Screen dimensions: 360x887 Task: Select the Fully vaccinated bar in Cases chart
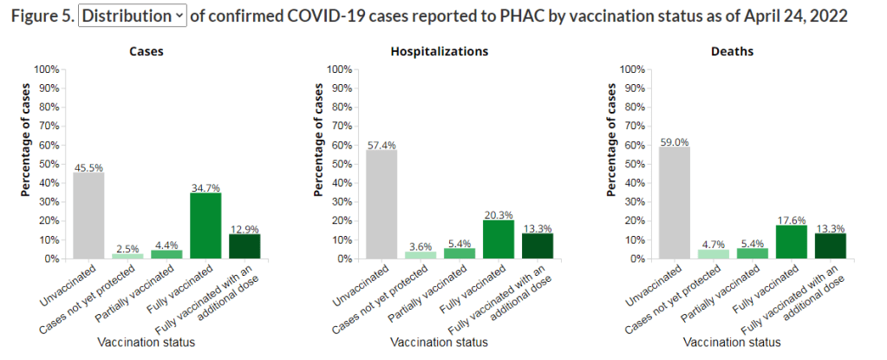[x=205, y=226]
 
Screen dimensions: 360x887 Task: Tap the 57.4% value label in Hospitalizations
[x=381, y=144]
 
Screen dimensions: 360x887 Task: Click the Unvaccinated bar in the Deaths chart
[x=674, y=203]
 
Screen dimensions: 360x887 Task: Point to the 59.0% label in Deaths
[x=674, y=141]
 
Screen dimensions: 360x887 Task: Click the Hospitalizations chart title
[x=440, y=51]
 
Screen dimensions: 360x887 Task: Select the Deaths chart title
[x=732, y=51]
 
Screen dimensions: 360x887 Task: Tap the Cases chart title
[x=147, y=51]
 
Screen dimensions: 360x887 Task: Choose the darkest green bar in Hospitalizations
[x=538, y=246]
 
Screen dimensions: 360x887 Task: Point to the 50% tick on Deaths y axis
[x=632, y=164]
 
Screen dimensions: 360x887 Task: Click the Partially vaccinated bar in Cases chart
[x=166, y=254]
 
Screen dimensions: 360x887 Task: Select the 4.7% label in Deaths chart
[x=713, y=244]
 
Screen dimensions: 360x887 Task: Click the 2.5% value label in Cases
[x=127, y=248]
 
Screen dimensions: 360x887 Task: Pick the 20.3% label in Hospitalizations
[x=499, y=214]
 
